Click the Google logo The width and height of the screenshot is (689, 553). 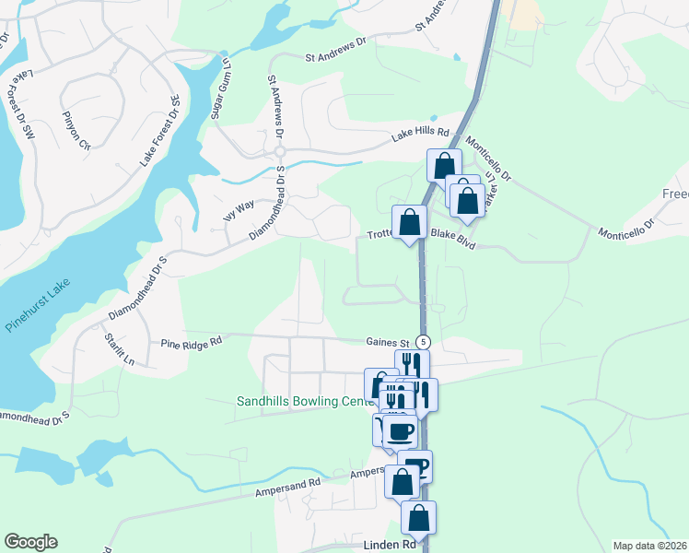coord(30,542)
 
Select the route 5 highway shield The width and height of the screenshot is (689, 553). coord(423,342)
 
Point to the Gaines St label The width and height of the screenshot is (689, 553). coord(386,341)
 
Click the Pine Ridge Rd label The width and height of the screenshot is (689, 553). coord(192,341)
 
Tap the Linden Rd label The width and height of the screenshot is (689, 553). coord(390,546)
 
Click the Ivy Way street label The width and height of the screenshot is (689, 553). coord(239,211)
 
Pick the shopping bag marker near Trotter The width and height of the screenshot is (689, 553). coord(409,222)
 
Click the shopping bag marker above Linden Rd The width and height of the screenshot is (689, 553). coord(418,518)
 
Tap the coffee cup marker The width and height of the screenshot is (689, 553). coord(400,431)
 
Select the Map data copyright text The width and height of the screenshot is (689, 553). coord(649,546)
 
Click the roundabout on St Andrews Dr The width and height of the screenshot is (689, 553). coord(278,152)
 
